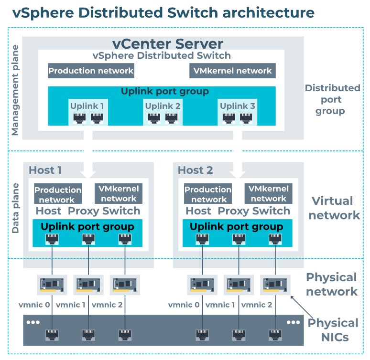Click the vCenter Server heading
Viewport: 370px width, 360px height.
(x=167, y=43)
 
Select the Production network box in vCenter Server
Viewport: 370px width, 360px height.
(x=91, y=71)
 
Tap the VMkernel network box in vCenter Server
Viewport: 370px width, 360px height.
(x=232, y=71)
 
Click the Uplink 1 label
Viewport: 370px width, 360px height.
(x=87, y=106)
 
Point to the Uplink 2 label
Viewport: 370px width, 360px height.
(x=163, y=106)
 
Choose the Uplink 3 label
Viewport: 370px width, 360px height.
(x=238, y=106)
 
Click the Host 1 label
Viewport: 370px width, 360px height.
(x=45, y=170)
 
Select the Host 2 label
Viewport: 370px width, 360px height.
(x=196, y=170)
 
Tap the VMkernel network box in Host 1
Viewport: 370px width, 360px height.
(x=119, y=193)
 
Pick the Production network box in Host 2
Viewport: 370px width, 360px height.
(x=208, y=193)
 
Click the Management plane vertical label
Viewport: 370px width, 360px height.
(x=15, y=90)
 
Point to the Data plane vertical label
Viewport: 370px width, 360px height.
(x=15, y=208)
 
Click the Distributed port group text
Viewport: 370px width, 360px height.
(x=332, y=99)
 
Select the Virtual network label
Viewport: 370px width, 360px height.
(x=334, y=208)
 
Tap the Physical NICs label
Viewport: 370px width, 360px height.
(x=333, y=330)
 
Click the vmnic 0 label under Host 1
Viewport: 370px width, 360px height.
(x=34, y=305)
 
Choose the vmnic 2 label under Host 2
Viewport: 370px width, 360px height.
(x=257, y=305)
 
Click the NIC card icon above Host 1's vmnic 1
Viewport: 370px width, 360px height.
(x=88, y=285)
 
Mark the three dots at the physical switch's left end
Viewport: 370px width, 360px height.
(x=33, y=322)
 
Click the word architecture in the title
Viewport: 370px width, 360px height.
(x=268, y=12)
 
